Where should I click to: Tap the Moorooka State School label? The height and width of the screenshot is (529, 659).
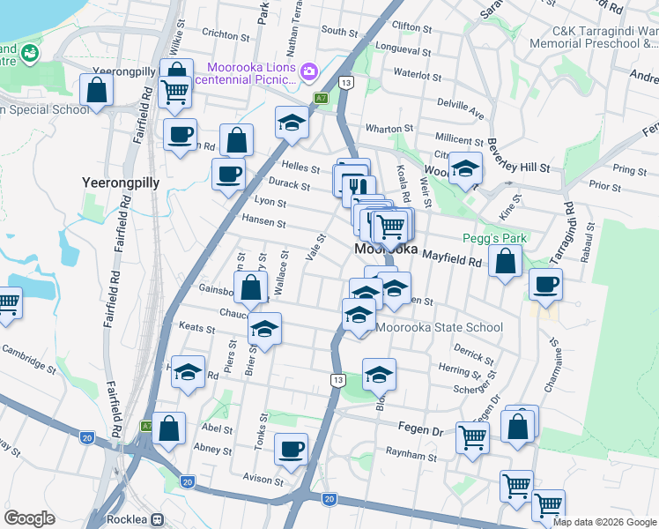click(440, 328)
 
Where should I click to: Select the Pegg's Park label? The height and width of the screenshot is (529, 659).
click(494, 239)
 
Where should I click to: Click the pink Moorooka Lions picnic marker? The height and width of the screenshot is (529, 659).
click(309, 71)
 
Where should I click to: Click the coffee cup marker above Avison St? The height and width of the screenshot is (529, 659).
click(291, 450)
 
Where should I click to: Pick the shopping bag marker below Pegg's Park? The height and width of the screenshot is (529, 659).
click(505, 261)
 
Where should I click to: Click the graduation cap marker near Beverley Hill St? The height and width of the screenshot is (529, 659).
click(464, 169)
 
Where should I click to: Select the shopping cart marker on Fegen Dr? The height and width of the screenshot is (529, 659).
click(473, 436)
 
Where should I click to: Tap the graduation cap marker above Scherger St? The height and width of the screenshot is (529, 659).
click(379, 374)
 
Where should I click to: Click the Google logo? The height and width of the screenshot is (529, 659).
click(29, 518)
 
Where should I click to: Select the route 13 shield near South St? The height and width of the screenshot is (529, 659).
click(346, 82)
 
